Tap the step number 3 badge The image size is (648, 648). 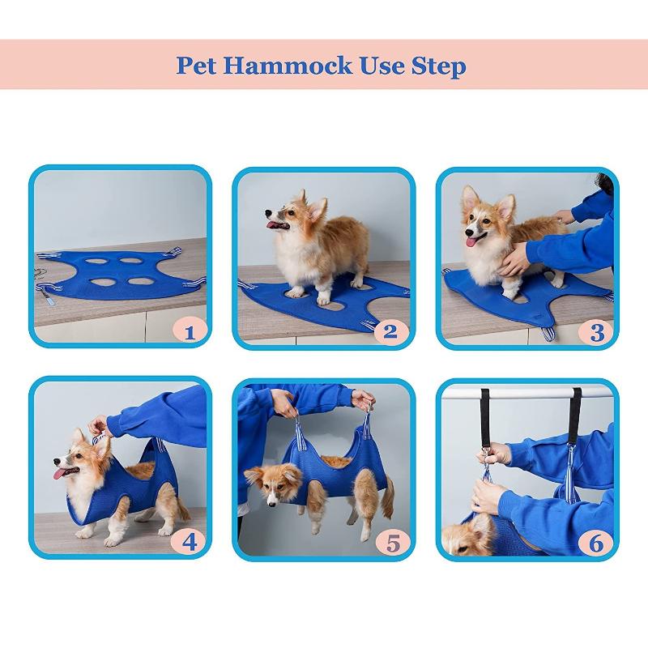(x=597, y=330)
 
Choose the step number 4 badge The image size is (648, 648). (x=189, y=540)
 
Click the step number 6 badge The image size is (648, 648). (x=597, y=541)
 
